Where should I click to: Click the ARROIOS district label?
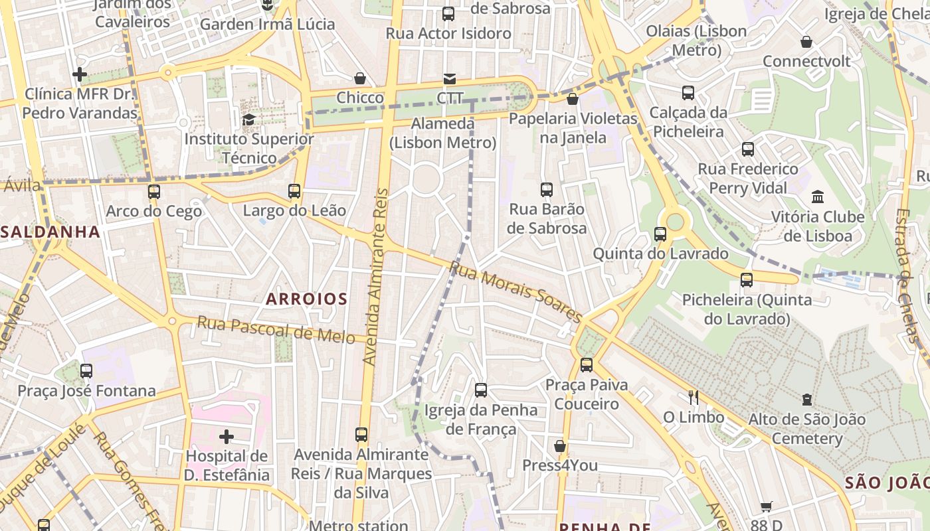pos(306,299)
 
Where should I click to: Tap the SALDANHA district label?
pos(50,232)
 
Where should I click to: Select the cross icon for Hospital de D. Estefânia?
pos(227,437)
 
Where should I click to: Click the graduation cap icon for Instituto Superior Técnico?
pos(249,119)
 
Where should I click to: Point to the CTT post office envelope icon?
pos(450,79)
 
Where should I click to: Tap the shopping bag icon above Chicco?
pos(360,78)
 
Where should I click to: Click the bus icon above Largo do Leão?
pos(294,191)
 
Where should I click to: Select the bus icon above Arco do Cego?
pos(154,192)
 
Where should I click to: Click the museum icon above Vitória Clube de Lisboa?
pos(818,197)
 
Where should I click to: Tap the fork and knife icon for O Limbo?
pos(694,398)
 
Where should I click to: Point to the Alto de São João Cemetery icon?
pos(806,400)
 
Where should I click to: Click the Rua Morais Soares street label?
pos(515,291)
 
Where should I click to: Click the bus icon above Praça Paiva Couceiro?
pos(587,364)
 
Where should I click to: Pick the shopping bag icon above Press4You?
pos(560,445)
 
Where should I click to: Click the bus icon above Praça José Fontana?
pos(86,371)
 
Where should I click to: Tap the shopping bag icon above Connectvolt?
pos(806,42)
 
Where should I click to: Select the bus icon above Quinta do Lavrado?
pos(660,234)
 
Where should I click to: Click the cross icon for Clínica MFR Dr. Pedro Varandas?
pos(80,74)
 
